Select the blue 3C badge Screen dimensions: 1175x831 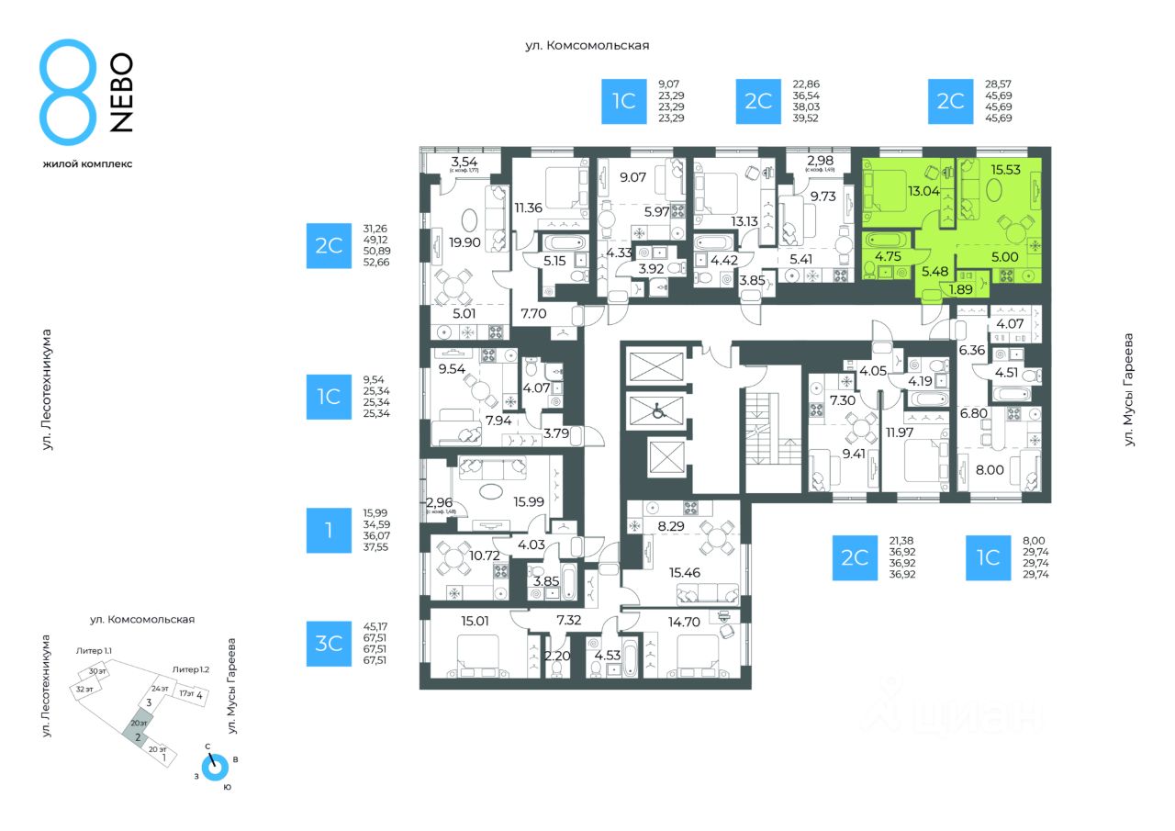[x=329, y=644]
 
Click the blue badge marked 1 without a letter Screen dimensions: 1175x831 [x=329, y=531]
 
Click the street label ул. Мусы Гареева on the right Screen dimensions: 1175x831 [x=1129, y=390]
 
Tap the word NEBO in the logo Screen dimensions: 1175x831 [x=121, y=93]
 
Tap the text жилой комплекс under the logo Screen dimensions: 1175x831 [x=87, y=163]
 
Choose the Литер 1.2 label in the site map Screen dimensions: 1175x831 [x=191, y=670]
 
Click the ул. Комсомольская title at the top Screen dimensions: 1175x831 [x=587, y=44]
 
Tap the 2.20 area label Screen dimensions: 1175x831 [x=556, y=656]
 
